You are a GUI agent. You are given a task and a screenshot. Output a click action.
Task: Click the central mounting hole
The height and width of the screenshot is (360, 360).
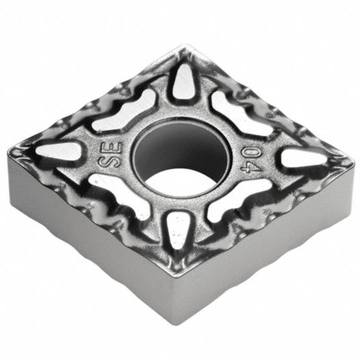tap(182, 158)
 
